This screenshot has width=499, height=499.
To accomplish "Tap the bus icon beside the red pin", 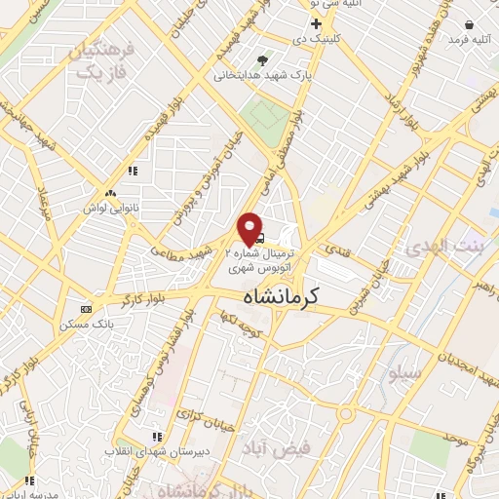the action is pyautogui.click(x=261, y=236).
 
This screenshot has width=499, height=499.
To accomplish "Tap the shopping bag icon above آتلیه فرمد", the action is pyautogui.click(x=469, y=24).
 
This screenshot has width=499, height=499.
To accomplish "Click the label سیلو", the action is pyautogui.click(x=404, y=373).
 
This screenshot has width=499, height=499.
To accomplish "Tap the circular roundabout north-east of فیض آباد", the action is pyautogui.click(x=346, y=414).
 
